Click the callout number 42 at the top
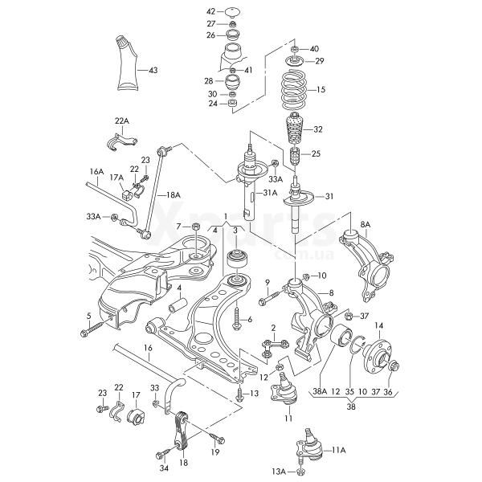tap(211, 11)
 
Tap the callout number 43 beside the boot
tap(153, 71)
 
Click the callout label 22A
tap(120, 121)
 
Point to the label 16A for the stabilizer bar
tap(96, 172)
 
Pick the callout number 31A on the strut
tap(269, 193)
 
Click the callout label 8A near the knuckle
tap(366, 224)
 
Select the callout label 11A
tap(339, 450)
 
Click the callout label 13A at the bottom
tap(278, 470)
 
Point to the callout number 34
tap(164, 468)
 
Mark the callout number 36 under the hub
tap(389, 392)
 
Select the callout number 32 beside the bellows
tap(318, 129)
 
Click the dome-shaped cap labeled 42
tap(233, 13)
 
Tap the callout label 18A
tap(173, 195)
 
